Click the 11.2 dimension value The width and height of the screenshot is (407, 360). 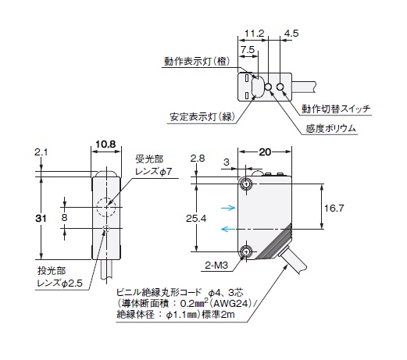pyautogui.click(x=254, y=34)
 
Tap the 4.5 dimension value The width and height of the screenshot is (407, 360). pyautogui.click(x=291, y=34)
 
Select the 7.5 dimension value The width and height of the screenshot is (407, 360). pyautogui.click(x=248, y=49)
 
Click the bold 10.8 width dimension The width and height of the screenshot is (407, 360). pyautogui.click(x=105, y=144)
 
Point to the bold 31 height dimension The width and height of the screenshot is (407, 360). pyautogui.click(x=41, y=219)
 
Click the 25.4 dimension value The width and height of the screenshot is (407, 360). pyautogui.click(x=196, y=219)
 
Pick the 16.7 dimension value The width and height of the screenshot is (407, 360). pyautogui.click(x=334, y=208)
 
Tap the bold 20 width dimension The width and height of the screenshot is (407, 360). pyautogui.click(x=265, y=151)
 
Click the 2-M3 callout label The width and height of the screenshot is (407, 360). pyautogui.click(x=216, y=266)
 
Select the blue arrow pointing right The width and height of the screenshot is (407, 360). pyautogui.click(x=228, y=208)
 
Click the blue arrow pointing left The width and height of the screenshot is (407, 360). pyautogui.click(x=228, y=229)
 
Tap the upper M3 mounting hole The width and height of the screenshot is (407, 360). pyautogui.click(x=246, y=184)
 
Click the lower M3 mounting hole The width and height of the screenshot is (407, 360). pyautogui.click(x=246, y=251)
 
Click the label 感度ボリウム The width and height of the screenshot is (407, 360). pyautogui.click(x=330, y=128)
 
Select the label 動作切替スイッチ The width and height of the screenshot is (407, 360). pyautogui.click(x=336, y=109)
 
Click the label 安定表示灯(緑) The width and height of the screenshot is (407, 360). pyautogui.click(x=202, y=116)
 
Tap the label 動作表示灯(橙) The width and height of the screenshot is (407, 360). pyautogui.click(x=197, y=62)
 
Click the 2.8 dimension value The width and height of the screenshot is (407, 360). pyautogui.click(x=198, y=159)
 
